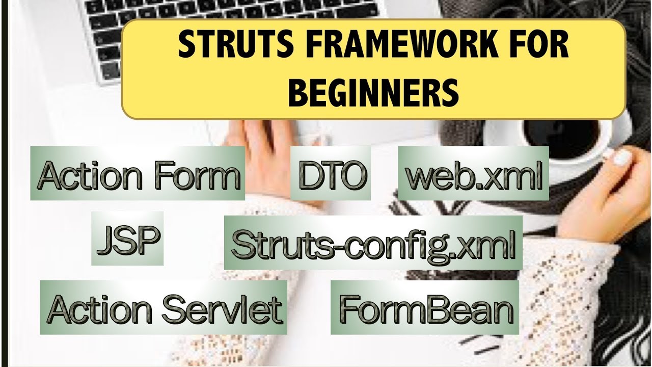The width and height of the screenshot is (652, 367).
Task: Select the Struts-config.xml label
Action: coord(373,244)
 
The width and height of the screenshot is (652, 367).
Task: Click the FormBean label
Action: coord(425,308)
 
